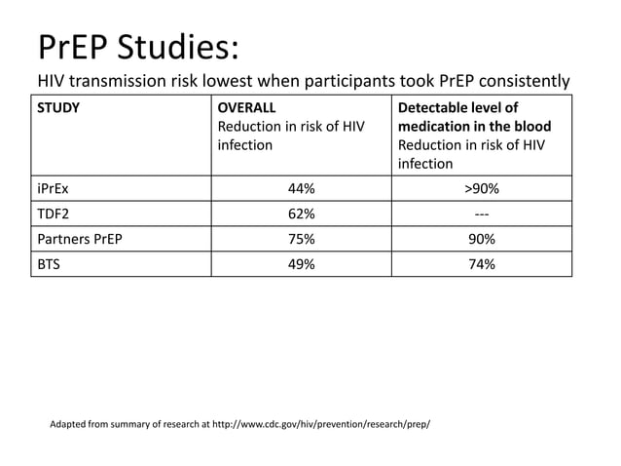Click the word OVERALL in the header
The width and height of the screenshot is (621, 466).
point(247,107)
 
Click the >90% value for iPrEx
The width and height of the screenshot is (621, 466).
point(481,189)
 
